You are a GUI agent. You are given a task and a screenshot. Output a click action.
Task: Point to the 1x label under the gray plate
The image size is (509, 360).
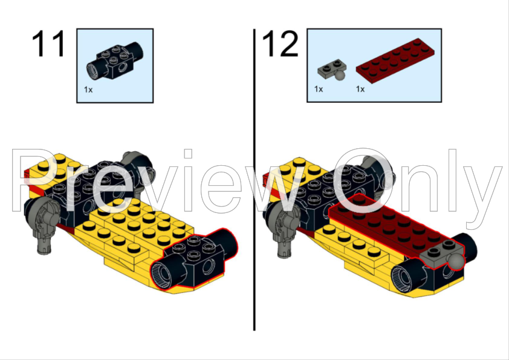pyautogui.click(x=319, y=89)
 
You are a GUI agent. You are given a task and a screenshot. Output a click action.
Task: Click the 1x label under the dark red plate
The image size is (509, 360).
pyautogui.click(x=360, y=89)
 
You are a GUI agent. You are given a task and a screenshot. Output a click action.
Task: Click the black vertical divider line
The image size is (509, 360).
pyautogui.click(x=254, y=182)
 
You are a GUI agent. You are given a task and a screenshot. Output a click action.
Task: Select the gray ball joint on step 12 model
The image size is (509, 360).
pyautogui.click(x=455, y=261)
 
